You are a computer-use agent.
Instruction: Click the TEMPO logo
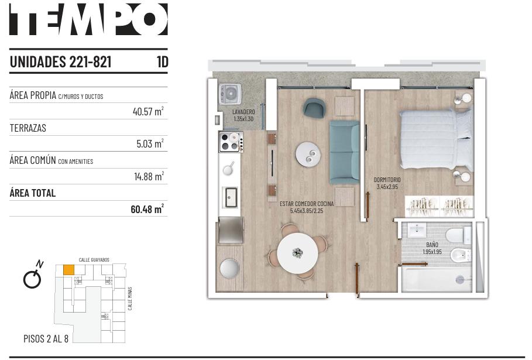coord(88,19)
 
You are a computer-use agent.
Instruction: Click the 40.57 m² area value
coord(148,111)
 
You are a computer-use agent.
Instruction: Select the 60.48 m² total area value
coord(147,208)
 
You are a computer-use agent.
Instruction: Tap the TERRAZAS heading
coord(28,128)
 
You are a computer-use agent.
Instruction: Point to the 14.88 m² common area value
coord(149,176)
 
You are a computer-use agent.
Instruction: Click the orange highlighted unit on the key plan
coord(69,270)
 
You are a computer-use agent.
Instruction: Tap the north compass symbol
coord(33,275)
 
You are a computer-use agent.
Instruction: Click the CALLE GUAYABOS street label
coord(94,260)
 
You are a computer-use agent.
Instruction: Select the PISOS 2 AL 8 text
coord(46,338)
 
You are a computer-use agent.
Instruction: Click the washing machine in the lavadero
coord(230,93)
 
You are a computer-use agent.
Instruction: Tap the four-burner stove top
coord(231,142)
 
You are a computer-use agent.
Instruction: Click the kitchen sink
coord(231,197)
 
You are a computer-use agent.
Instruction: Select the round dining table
coord(297,253)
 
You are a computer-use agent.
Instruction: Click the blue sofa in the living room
coord(344,152)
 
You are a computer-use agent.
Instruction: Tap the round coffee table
coord(308,154)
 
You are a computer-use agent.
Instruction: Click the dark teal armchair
coord(314,108)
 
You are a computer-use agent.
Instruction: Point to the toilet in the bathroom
coord(458,235)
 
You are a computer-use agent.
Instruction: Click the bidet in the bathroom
coord(461,255)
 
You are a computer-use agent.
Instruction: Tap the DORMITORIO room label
coord(387,180)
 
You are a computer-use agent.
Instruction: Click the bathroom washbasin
coord(416,230)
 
